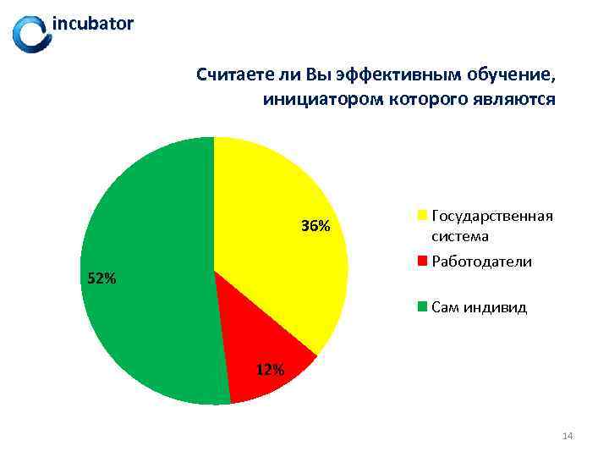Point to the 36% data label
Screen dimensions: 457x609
(x=315, y=226)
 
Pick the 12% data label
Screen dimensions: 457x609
(x=270, y=369)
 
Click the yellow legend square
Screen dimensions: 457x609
(x=421, y=216)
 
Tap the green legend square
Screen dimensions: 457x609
(x=421, y=307)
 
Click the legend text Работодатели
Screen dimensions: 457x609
(x=481, y=262)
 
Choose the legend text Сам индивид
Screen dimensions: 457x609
(x=479, y=307)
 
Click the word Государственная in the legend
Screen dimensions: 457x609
(x=492, y=216)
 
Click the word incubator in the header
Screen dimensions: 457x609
(x=93, y=24)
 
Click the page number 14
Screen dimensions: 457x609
(x=568, y=436)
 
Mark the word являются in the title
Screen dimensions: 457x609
(x=518, y=99)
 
